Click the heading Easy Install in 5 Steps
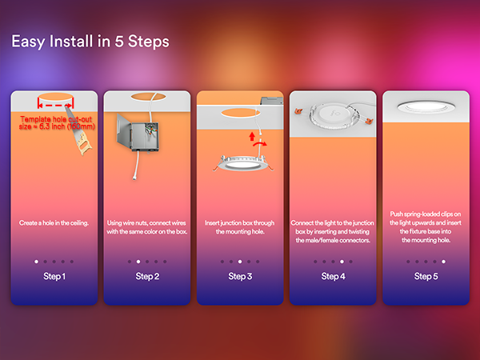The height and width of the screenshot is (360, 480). pyautogui.click(x=90, y=42)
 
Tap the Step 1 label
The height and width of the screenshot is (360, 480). pyautogui.click(x=54, y=277)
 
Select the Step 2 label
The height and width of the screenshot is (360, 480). pyautogui.click(x=147, y=277)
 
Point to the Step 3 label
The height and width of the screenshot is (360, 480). pyautogui.click(x=240, y=277)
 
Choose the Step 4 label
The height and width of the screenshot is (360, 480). pyautogui.click(x=333, y=277)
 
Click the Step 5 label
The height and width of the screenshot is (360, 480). pyautogui.click(x=426, y=277)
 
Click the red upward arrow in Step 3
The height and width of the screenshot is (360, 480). pyautogui.click(x=252, y=136)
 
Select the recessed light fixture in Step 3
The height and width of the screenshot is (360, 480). pyautogui.click(x=242, y=163)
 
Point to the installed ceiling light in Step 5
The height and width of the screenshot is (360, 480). pyautogui.click(x=426, y=107)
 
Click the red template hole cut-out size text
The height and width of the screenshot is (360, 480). pyautogui.click(x=57, y=122)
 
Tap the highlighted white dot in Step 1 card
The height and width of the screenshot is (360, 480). pyautogui.click(x=37, y=262)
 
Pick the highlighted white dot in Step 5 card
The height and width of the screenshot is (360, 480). pyautogui.click(x=443, y=262)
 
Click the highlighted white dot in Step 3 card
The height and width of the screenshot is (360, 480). pyautogui.click(x=240, y=262)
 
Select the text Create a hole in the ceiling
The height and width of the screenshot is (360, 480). pyautogui.click(x=54, y=223)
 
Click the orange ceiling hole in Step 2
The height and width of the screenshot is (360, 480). pyautogui.click(x=148, y=97)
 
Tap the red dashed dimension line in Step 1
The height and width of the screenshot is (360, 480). pyautogui.click(x=55, y=106)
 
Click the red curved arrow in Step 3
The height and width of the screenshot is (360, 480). pyautogui.click(x=260, y=143)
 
